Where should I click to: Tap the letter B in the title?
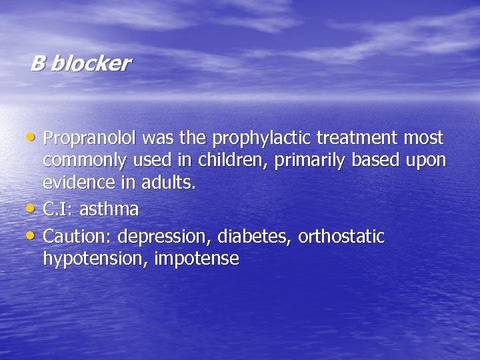point(37,64)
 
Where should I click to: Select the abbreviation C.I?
point(58,209)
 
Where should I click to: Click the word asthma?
point(109,209)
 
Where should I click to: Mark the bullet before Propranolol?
point(34,138)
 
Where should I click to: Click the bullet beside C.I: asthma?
point(34,209)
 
